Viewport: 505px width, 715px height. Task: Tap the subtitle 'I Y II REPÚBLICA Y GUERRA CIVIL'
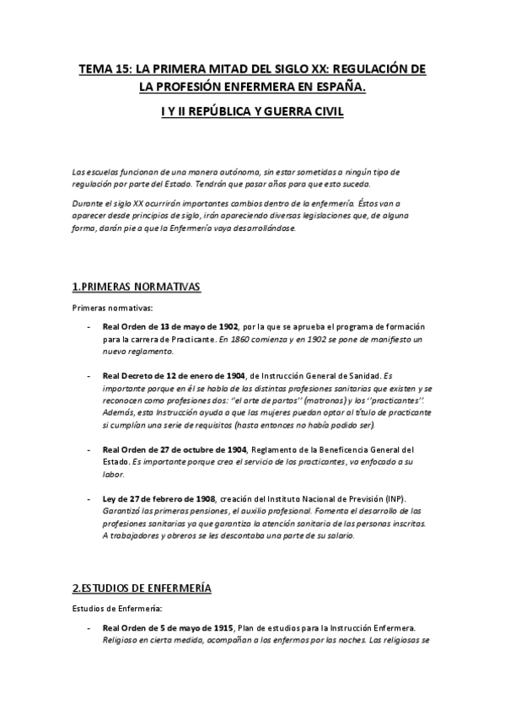point(253,111)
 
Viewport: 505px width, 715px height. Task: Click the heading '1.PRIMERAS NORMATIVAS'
point(137,287)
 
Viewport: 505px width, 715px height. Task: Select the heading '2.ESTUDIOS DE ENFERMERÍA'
point(142,587)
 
